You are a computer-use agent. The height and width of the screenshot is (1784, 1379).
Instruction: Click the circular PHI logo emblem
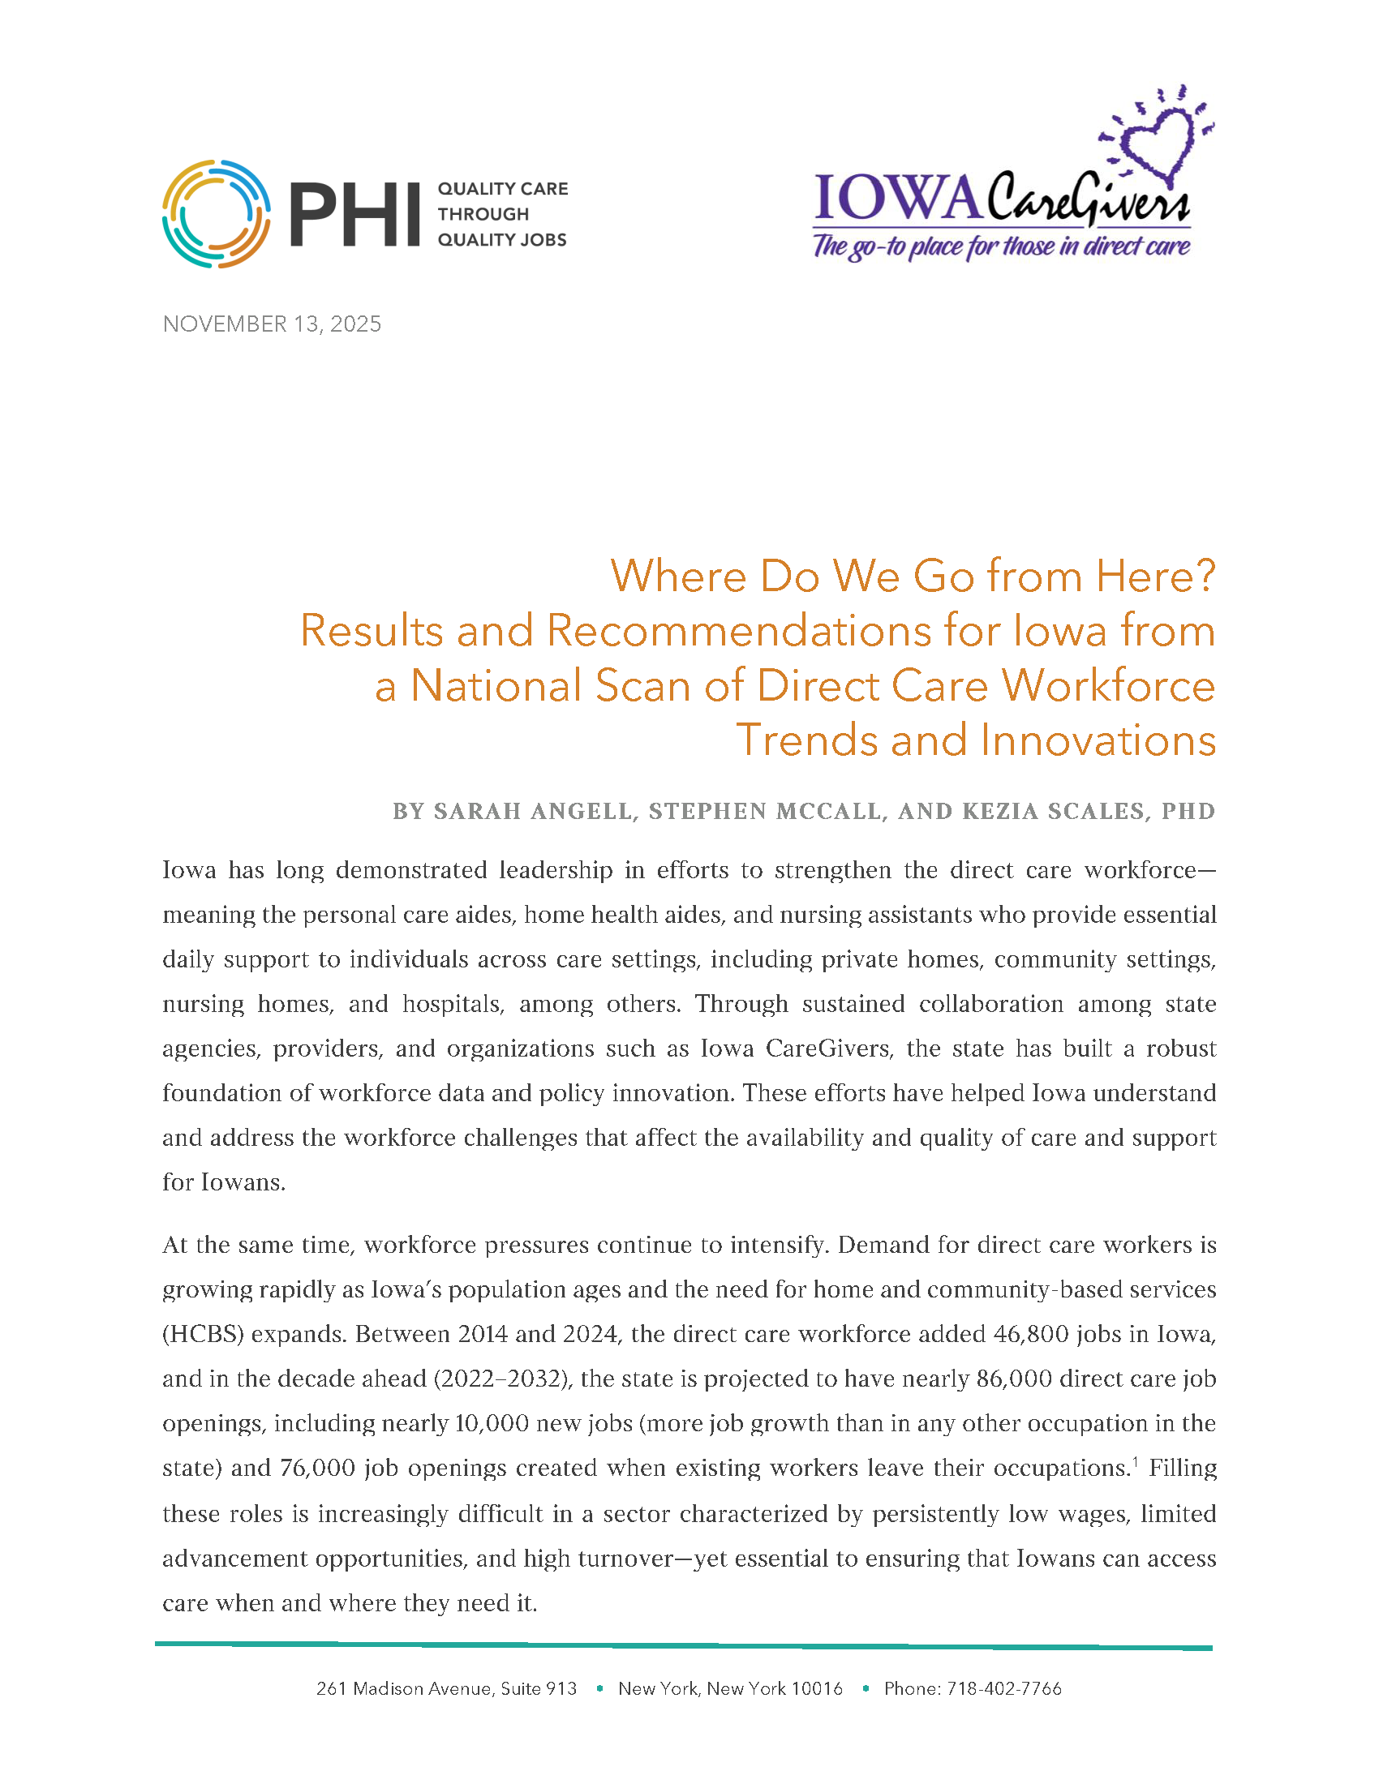coord(217,214)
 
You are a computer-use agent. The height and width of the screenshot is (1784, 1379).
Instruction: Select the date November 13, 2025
coord(272,324)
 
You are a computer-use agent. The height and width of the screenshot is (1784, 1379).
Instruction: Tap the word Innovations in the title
coord(1098,740)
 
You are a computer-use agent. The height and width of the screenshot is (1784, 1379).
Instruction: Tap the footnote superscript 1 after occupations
coord(1135,1461)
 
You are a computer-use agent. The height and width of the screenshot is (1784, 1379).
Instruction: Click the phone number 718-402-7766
coord(1004,1689)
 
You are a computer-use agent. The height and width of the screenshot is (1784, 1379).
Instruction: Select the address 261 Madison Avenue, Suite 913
coord(446,1689)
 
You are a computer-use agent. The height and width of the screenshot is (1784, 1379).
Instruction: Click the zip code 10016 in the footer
coord(818,1689)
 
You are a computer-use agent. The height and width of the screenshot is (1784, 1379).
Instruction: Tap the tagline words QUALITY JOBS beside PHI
coord(501,240)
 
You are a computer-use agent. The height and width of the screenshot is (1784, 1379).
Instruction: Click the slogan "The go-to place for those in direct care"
coord(1002,246)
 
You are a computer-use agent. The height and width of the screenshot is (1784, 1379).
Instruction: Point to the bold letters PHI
coord(354,215)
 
